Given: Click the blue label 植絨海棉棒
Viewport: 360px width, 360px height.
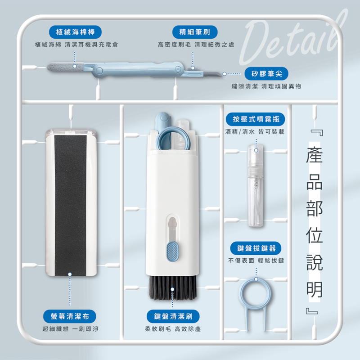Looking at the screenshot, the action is tap(75, 32).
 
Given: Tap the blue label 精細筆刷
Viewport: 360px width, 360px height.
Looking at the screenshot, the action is tap(195, 32).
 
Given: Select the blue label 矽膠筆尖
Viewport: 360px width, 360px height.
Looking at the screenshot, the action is tap(266, 73).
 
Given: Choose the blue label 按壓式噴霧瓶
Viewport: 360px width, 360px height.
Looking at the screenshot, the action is tap(255, 119).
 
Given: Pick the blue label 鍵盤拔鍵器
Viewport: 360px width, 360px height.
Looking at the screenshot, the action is tap(256, 248).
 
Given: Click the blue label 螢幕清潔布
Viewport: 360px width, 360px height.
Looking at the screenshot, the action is tap(70, 316).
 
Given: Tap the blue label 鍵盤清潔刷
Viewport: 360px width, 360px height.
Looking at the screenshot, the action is tap(173, 316).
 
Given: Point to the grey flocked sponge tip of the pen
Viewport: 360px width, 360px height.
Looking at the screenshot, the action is tap(65, 67).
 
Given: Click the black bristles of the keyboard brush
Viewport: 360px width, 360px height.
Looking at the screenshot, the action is tap(172, 288).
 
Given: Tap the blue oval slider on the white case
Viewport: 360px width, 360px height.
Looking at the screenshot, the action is tap(172, 251).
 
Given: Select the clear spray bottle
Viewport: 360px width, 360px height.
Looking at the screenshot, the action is tap(255, 186).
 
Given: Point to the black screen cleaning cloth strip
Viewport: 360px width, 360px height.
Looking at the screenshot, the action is tap(71, 205).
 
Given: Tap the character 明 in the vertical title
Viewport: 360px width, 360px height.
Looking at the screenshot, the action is tap(314, 289).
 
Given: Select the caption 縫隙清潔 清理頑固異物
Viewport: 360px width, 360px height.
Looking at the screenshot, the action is tap(266, 86).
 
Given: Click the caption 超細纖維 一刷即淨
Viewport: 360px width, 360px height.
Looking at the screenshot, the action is tap(70, 329).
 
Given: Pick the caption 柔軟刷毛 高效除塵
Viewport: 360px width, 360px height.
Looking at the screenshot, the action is tap(173, 329).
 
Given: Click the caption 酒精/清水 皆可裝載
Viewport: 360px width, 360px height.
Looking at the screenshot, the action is tap(255, 131).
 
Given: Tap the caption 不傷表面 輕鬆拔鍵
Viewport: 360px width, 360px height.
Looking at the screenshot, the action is tap(256, 261).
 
